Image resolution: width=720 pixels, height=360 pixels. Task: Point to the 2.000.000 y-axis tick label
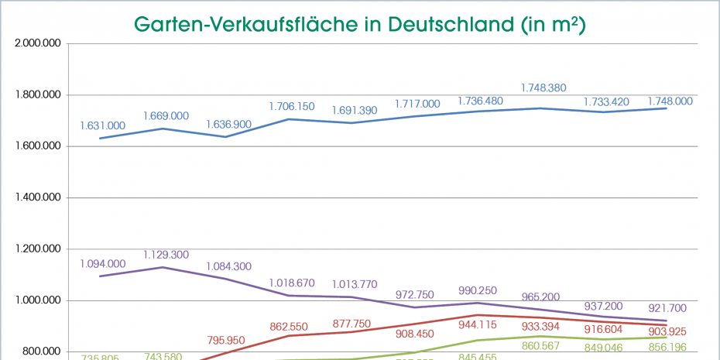coord(38,43)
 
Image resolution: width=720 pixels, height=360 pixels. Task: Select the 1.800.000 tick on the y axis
coord(38,94)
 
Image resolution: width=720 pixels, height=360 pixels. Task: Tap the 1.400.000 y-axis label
coord(38,197)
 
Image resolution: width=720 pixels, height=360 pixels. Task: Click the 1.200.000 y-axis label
coord(38,249)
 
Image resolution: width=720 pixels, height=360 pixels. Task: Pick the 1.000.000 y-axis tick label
coord(38,300)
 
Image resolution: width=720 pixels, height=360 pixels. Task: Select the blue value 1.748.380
coord(543,88)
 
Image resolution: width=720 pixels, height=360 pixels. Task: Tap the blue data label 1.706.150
coord(292,106)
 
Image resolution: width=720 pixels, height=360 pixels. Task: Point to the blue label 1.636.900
coord(228,124)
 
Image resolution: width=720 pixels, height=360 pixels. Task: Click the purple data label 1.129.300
coord(166,254)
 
